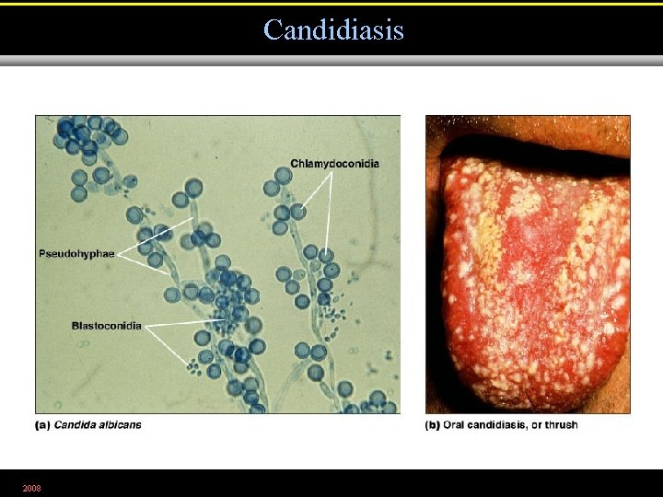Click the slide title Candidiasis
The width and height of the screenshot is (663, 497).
333,29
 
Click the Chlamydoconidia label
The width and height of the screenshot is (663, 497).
334,164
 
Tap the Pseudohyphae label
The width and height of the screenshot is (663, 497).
76,253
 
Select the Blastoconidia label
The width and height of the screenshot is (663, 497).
107,326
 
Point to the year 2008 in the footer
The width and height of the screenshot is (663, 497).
31,487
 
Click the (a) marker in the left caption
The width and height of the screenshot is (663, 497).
42,424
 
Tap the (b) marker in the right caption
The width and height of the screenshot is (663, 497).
433,424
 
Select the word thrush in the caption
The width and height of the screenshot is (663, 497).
562,424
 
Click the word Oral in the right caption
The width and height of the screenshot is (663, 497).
455,424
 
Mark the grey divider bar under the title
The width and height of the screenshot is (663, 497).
331,61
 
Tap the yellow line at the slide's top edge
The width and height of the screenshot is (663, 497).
331,3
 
